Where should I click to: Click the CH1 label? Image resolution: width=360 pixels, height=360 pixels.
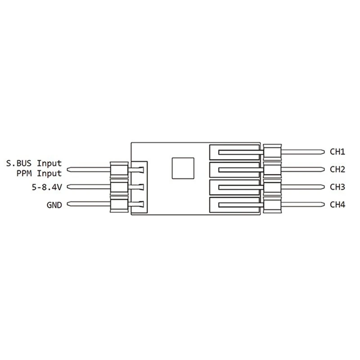point(337,152)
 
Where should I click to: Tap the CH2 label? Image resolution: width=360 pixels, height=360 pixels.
point(337,170)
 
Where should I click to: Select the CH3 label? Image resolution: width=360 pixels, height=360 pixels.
point(337,187)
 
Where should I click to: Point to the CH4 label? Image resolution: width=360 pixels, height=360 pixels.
point(337,205)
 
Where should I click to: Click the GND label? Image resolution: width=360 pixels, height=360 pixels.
point(54,205)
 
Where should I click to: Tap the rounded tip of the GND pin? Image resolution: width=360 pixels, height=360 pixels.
point(69,205)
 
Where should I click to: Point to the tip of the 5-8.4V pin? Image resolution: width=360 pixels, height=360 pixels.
point(69,187)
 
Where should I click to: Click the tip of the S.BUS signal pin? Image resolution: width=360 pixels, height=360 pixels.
point(69,170)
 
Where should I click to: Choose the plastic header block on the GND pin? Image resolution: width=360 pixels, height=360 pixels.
point(118,205)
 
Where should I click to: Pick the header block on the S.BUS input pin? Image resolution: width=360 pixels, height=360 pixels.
point(118,170)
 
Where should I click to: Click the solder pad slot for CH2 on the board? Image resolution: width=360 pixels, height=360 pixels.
point(234,170)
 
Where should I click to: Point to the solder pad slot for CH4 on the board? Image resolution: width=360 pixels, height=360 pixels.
point(234,205)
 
